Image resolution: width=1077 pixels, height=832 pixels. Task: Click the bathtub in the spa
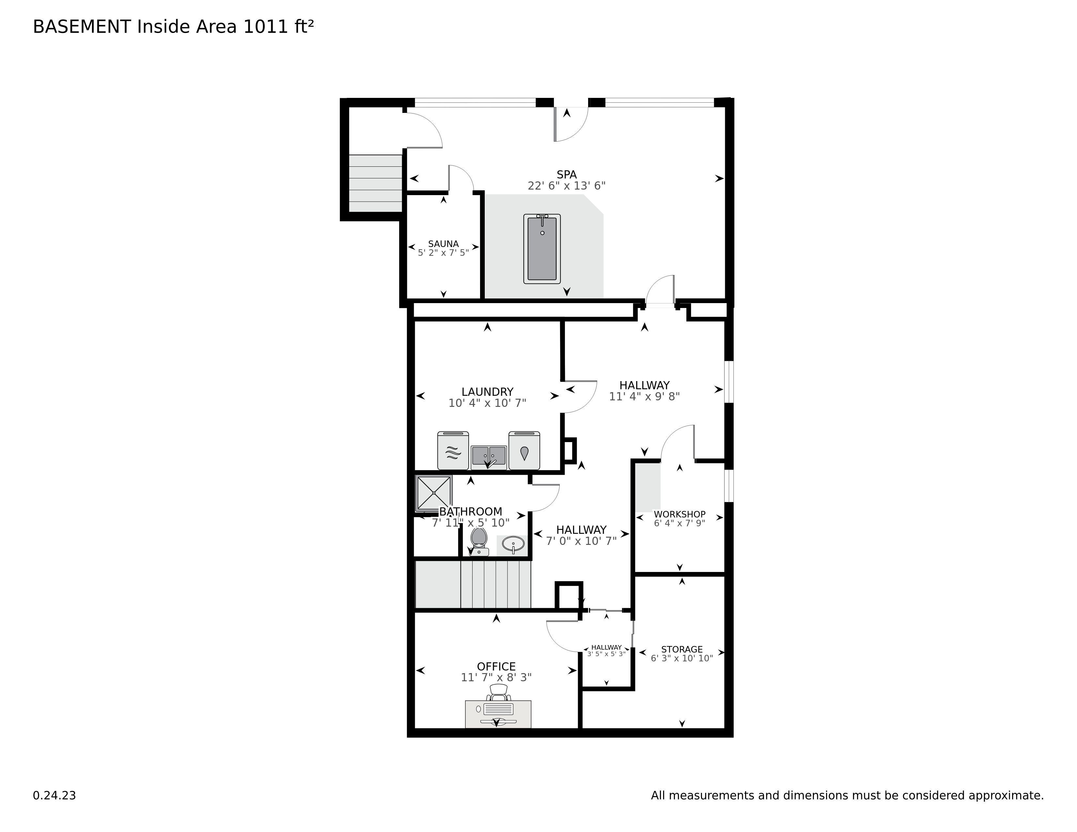(x=542, y=249)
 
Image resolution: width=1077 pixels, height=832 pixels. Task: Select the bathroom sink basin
(x=513, y=545)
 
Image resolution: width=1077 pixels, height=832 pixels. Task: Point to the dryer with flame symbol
(x=524, y=451)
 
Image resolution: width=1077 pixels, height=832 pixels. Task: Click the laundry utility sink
(x=489, y=457)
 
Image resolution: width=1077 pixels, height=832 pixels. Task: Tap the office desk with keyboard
(x=498, y=714)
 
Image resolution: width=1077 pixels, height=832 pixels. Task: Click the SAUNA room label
(x=443, y=243)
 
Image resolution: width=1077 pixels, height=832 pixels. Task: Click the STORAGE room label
(x=682, y=649)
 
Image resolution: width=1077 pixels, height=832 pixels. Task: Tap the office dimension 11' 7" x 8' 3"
(x=496, y=677)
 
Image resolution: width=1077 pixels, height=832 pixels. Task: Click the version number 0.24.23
(x=54, y=795)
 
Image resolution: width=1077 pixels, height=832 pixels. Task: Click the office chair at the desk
(x=498, y=692)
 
